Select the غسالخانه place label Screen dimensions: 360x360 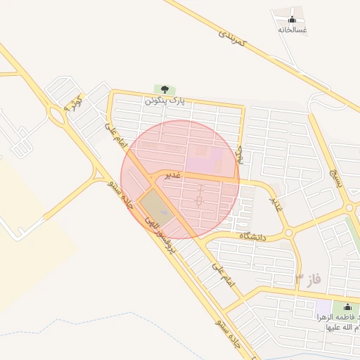click(x=292, y=30)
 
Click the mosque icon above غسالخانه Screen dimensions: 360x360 click(x=292, y=18)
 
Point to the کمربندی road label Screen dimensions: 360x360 click(x=233, y=39)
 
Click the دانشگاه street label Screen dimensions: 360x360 click(x=256, y=237)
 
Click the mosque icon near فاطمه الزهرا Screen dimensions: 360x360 click(x=347, y=307)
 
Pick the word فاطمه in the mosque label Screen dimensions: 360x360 click(x=338, y=318)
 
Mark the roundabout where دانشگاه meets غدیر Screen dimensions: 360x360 click(x=288, y=232)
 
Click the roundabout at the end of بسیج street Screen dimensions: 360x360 click(x=349, y=208)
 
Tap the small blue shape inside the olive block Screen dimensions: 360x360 click(x=164, y=213)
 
